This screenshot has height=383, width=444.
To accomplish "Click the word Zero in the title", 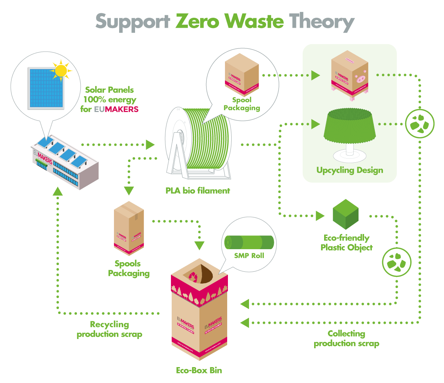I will pyautogui.click(x=198, y=21).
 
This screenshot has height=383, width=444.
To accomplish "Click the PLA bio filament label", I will pyautogui.click(x=198, y=191).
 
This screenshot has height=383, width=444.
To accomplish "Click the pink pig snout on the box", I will pyautogui.click(x=359, y=78).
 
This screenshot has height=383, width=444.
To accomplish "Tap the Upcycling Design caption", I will pyautogui.click(x=350, y=170).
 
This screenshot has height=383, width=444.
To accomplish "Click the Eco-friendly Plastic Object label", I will pyautogui.click(x=346, y=243).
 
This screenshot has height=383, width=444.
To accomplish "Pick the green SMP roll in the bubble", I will pyautogui.click(x=249, y=243).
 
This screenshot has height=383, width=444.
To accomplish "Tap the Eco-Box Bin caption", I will pyautogui.click(x=199, y=370).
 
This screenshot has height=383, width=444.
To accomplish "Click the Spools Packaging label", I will pyautogui.click(x=129, y=268).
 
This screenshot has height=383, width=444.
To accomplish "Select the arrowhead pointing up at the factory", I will pyautogui.click(x=58, y=191).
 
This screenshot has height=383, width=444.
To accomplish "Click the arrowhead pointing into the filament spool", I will pyautogui.click(x=150, y=145).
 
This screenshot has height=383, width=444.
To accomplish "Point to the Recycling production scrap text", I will pyautogui.click(x=110, y=329).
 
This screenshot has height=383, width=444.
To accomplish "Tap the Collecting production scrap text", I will pyautogui.click(x=346, y=338).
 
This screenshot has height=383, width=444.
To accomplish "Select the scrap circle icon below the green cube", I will pyautogui.click(x=396, y=262).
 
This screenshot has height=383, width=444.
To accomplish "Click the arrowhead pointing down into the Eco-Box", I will pyautogui.click(x=199, y=245).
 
